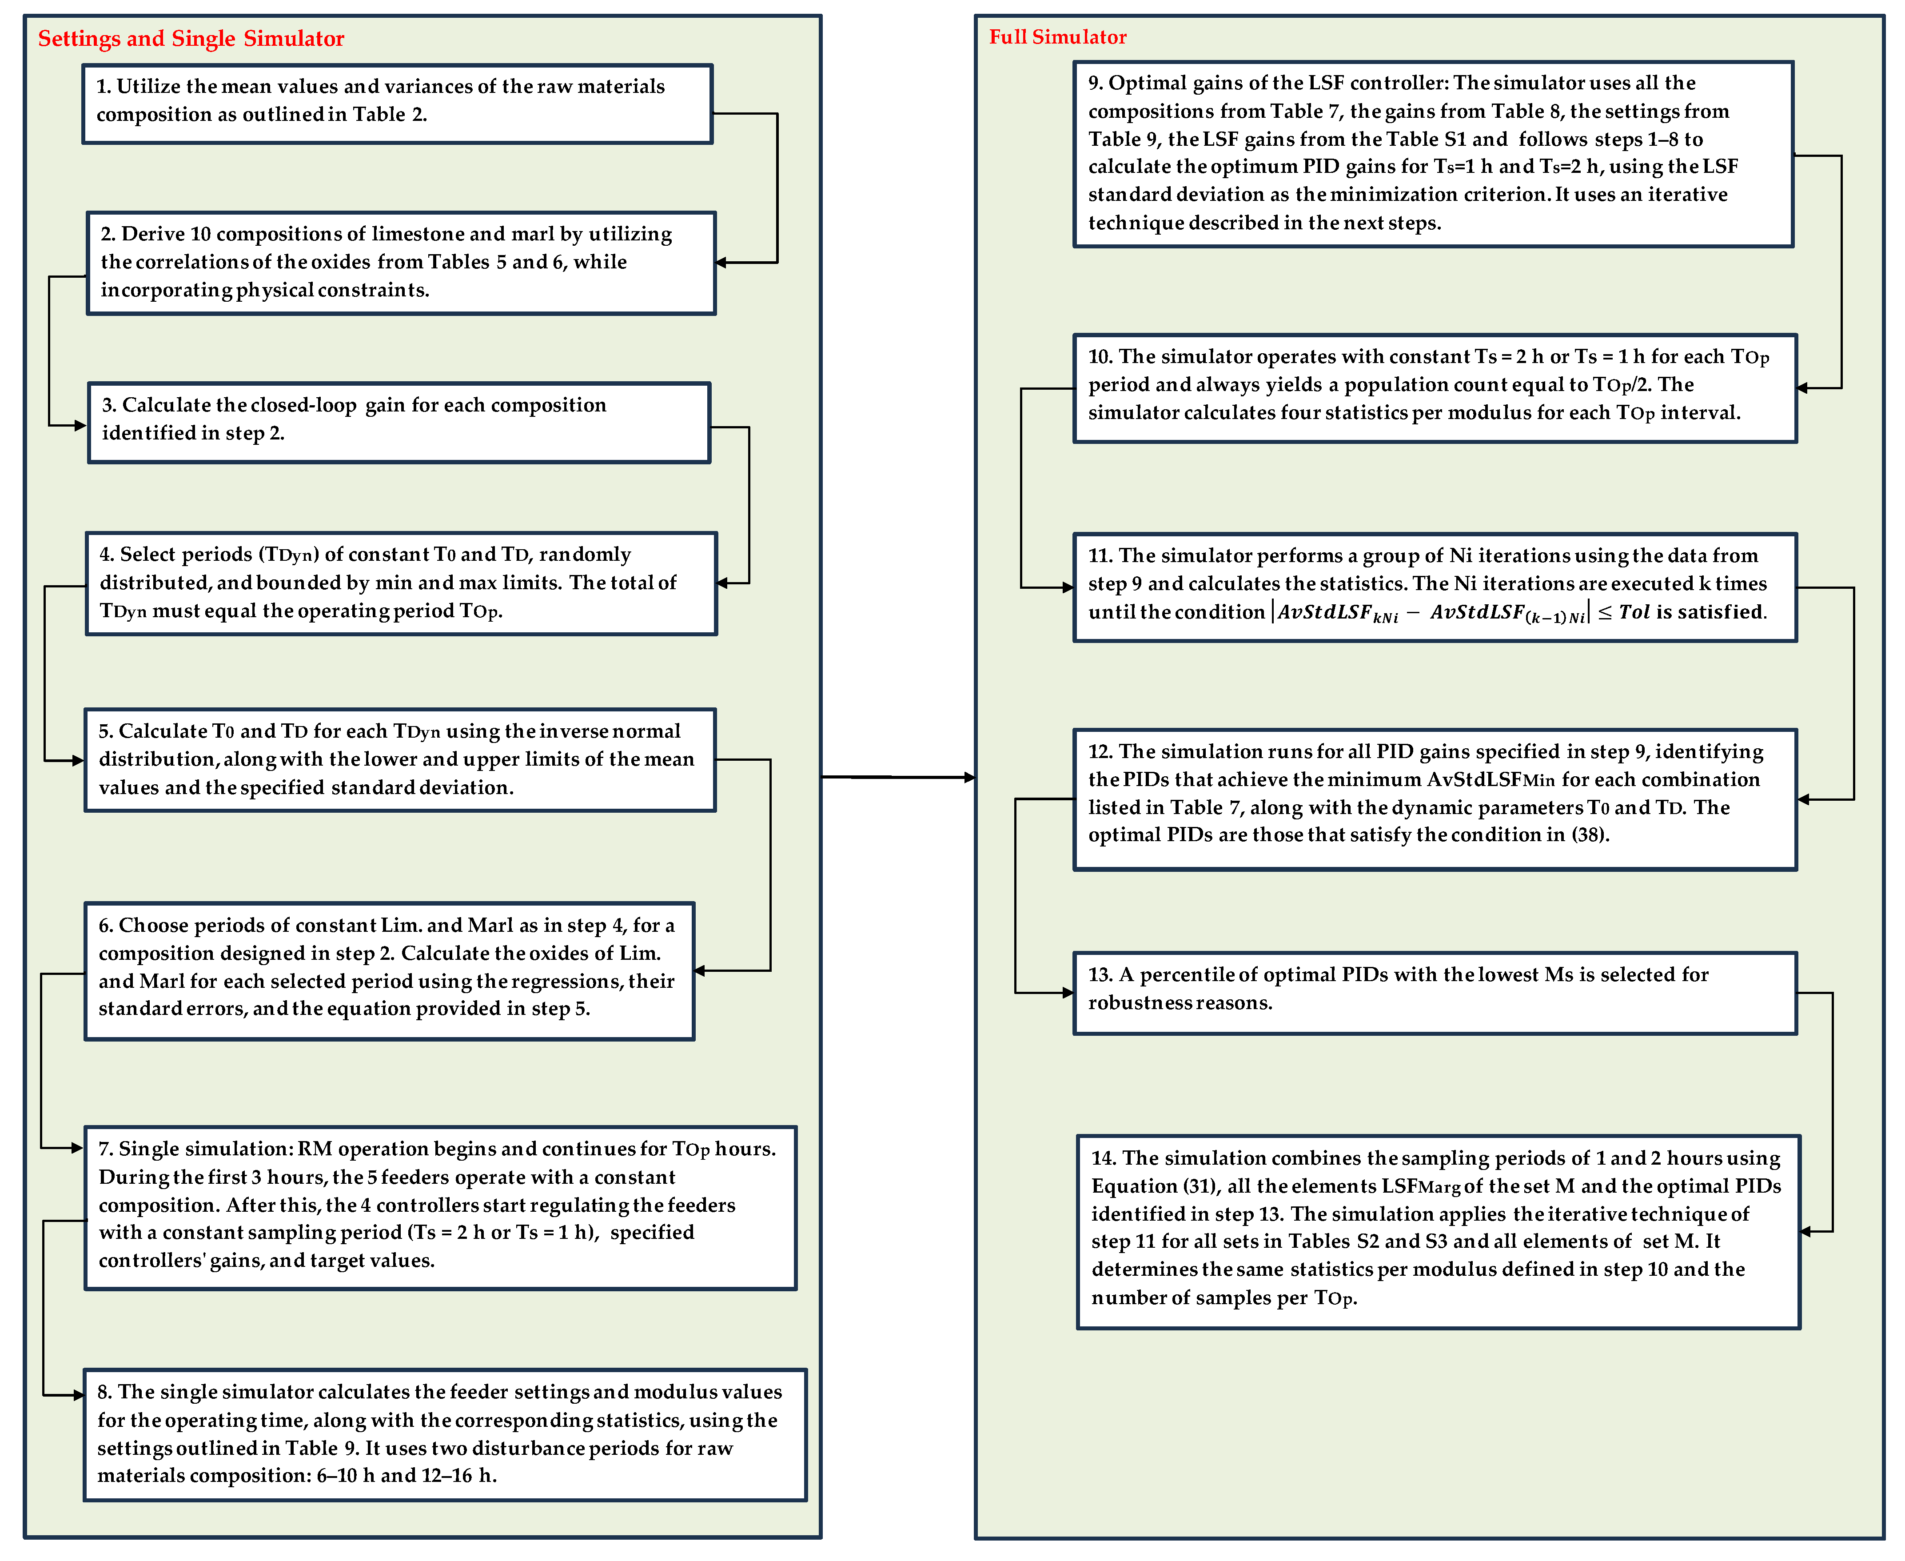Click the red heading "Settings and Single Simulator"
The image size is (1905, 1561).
click(x=191, y=39)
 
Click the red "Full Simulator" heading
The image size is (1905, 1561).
click(x=1057, y=37)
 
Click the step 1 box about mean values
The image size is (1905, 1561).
click(x=397, y=104)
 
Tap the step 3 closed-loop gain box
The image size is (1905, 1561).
click(x=399, y=423)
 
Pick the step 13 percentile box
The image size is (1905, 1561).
click(x=1435, y=993)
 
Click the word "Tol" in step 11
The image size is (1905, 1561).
click(x=1634, y=612)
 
